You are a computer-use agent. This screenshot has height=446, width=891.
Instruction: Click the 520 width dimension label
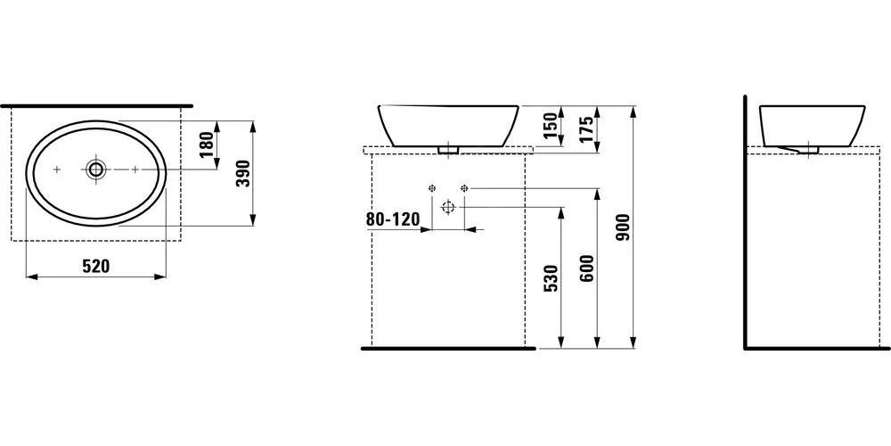96,266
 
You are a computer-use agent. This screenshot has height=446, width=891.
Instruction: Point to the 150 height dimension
550,128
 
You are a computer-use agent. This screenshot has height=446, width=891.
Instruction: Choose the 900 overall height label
623,227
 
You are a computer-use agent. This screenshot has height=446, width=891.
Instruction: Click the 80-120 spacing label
392,219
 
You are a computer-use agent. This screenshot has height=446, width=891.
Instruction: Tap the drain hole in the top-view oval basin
95,169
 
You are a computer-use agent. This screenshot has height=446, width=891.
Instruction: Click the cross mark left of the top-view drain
57,169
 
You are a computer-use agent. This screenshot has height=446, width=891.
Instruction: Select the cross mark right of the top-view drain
135,169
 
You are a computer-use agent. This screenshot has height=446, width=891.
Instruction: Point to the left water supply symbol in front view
432,188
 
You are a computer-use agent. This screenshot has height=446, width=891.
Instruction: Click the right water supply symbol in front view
464,188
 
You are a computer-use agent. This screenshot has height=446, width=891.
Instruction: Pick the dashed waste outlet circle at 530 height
448,207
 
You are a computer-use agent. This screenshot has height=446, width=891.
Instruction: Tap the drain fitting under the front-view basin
448,150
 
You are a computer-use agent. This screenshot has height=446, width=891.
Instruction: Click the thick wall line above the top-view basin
96,105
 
